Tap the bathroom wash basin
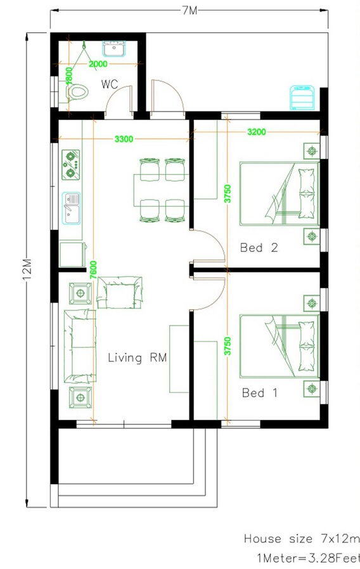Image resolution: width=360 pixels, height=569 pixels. pyautogui.click(x=114, y=49)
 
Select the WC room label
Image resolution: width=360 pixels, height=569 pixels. pyautogui.click(x=109, y=84)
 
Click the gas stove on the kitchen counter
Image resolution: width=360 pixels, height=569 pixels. pyautogui.click(x=70, y=165)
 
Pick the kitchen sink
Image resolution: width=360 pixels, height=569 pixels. pyautogui.click(x=71, y=208)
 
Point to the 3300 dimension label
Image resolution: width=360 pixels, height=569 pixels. pyautogui.click(x=124, y=139)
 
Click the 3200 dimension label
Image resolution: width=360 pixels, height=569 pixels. pyautogui.click(x=257, y=132)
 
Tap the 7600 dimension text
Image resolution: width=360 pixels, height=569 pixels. pyautogui.click(x=93, y=270)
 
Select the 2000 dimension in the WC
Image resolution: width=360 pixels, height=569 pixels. pyautogui.click(x=98, y=64)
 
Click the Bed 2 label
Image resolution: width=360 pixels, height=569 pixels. pyautogui.click(x=259, y=248)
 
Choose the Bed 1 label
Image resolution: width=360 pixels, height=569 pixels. pyautogui.click(x=259, y=393)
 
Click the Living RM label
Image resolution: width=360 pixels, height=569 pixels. pyautogui.click(x=137, y=358)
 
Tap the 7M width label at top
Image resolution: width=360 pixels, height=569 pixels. pyautogui.click(x=189, y=11)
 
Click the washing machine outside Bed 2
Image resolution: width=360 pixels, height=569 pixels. pyautogui.click(x=302, y=98)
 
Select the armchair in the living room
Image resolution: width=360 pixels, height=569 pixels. pyautogui.click(x=119, y=292)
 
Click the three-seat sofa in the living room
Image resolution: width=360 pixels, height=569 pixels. pyautogui.click(x=80, y=346)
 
